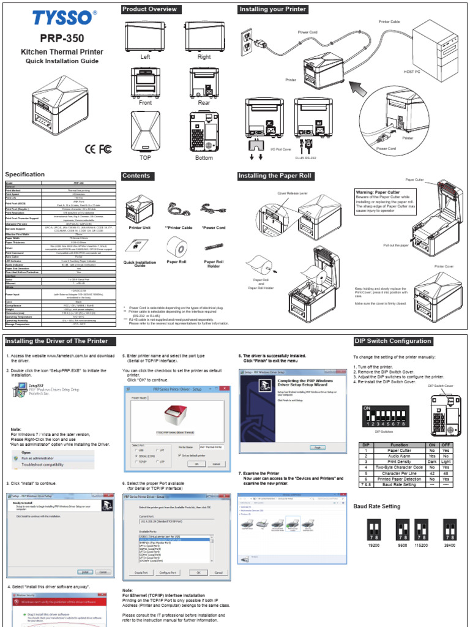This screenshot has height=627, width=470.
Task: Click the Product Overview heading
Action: click(150, 9)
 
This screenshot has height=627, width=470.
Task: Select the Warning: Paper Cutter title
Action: click(378, 192)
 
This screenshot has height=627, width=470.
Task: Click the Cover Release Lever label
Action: click(292, 192)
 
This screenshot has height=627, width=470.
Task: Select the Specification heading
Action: click(25, 175)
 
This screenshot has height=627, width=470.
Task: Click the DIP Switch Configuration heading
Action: click(392, 341)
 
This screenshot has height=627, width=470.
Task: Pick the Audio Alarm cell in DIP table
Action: click(400, 456)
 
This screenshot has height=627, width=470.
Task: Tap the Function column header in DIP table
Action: click(400, 445)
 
